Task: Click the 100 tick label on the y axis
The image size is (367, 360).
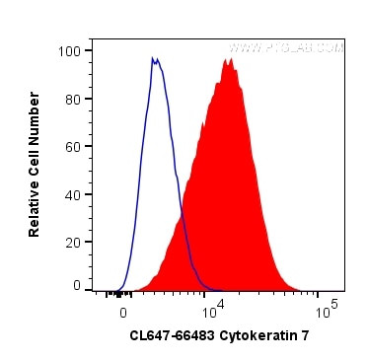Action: point(70,50)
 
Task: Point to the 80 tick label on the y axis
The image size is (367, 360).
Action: point(73,98)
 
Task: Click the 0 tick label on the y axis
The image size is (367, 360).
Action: point(77,285)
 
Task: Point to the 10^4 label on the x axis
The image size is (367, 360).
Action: point(214,309)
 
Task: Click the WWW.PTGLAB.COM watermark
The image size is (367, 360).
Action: point(285,46)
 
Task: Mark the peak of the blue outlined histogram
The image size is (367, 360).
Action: point(154,58)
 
